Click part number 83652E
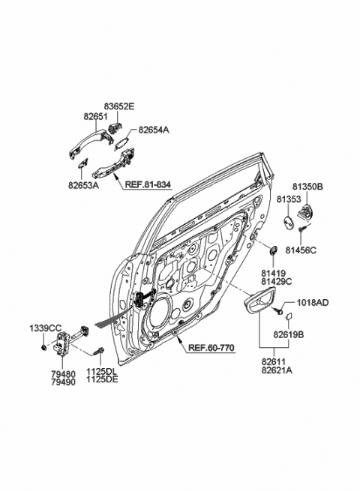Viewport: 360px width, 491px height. click(x=118, y=107)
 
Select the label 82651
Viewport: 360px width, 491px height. click(x=95, y=118)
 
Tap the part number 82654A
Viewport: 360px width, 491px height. click(x=154, y=130)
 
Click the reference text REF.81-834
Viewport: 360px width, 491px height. click(x=148, y=184)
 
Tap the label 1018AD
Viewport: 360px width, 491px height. click(x=313, y=302)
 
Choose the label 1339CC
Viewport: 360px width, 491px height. click(x=44, y=328)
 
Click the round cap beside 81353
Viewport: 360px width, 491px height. click(x=288, y=223)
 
